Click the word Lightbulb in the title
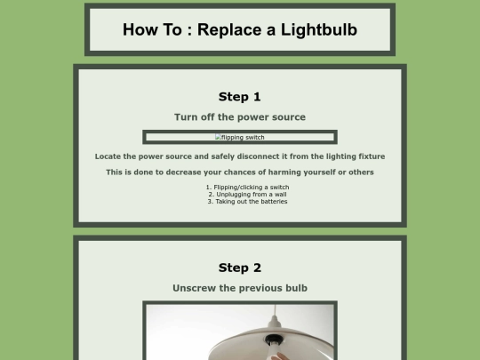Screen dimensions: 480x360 point(319,30)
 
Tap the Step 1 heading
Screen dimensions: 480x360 point(240,97)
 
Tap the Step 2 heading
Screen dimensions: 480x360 point(240,268)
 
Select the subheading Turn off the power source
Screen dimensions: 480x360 point(240,117)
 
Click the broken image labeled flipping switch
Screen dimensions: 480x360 point(240,137)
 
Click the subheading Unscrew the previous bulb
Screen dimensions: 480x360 point(240,288)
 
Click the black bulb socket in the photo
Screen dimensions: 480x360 point(274,340)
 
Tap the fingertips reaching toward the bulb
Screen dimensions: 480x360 point(278,356)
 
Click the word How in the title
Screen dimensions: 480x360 point(137,30)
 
